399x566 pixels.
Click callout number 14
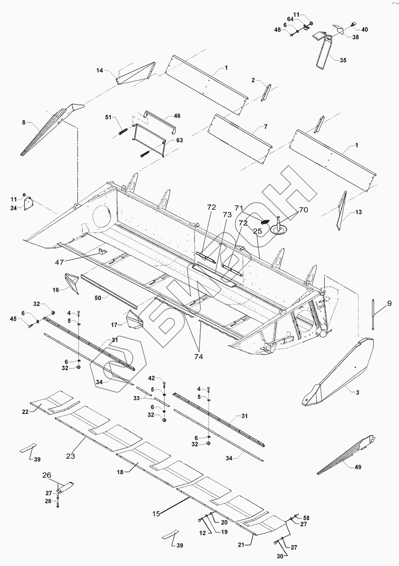pos(100,70)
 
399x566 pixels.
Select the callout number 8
pos(24,122)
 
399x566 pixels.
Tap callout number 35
pos(343,60)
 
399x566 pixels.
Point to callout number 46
pos(177,116)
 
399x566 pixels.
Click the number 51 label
pos(108,117)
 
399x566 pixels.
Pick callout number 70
pos(303,210)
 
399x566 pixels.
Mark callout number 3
pos(357,392)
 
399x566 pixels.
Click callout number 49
pos(358,467)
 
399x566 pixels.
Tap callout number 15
pos(156,514)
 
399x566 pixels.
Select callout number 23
pos(71,456)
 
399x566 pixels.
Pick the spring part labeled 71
pos(265,222)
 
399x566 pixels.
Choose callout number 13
pos(358,212)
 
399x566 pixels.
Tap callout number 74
pos(199,357)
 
